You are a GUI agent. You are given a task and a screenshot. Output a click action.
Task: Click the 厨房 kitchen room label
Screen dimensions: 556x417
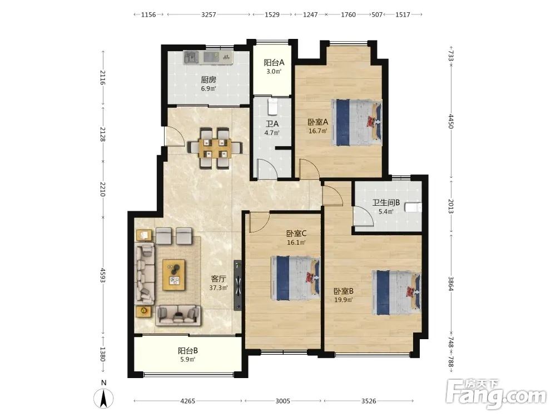(209, 80)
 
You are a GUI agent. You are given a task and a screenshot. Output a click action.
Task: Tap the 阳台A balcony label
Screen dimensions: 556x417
(274, 63)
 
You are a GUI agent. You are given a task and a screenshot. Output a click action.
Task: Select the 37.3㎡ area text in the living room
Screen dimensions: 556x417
(218, 287)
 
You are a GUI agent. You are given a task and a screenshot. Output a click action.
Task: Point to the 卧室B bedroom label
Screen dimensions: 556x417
(343, 291)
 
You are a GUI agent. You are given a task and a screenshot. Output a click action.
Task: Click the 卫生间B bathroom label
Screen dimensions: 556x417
(386, 202)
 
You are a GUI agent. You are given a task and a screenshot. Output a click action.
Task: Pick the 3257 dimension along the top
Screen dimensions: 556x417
(209, 14)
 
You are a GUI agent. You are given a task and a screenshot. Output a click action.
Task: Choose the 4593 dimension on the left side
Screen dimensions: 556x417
(103, 275)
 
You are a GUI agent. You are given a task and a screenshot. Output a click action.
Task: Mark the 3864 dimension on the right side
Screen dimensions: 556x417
(451, 284)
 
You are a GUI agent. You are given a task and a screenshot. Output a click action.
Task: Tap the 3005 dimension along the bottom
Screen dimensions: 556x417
(282, 401)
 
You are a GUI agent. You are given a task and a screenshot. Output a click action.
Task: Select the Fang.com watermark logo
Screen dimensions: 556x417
(496, 393)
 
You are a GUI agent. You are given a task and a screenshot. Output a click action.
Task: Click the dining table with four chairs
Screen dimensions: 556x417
(215, 148)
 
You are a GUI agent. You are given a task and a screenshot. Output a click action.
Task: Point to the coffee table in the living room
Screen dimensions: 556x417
(173, 275)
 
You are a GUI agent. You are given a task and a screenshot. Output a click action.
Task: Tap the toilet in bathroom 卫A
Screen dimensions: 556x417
(272, 107)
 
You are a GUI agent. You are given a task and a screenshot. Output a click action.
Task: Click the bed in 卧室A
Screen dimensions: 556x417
(357, 122)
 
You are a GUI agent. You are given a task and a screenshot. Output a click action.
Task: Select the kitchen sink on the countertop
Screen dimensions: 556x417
(190, 57)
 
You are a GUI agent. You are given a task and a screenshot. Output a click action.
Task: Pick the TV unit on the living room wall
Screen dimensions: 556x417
(238, 285)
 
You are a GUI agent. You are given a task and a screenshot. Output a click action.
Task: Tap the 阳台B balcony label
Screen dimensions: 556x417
(188, 351)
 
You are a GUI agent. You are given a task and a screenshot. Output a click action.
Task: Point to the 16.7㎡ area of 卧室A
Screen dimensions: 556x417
(317, 131)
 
